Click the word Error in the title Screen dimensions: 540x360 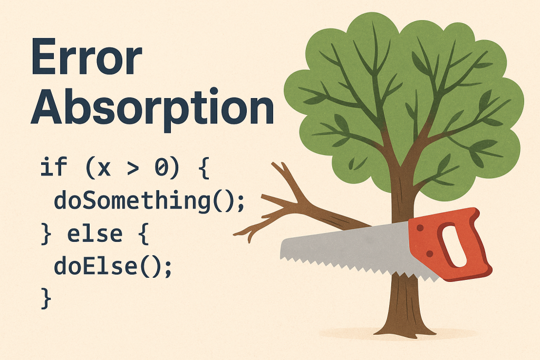point(86,56)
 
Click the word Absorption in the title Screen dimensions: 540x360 point(152,106)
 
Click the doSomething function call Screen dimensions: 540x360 point(149,201)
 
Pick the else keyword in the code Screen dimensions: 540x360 point(95,234)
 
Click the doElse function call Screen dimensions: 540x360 point(113,267)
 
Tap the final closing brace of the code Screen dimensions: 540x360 point(46,298)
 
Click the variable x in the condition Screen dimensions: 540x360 point(104,169)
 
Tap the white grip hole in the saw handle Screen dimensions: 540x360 point(454,246)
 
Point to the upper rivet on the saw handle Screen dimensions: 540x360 point(420,228)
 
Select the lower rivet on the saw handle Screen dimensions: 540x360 point(429,254)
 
